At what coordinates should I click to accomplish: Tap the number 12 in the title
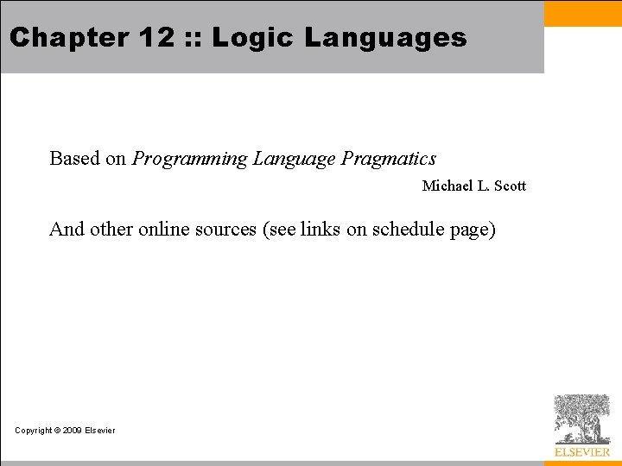(143, 37)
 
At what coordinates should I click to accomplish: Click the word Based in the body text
(74, 159)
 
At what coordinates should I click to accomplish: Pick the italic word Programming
(189, 160)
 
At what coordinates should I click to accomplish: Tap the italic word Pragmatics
(389, 160)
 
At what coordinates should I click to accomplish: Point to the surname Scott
(509, 186)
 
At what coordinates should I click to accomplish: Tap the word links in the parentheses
(321, 230)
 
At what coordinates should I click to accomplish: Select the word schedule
(408, 230)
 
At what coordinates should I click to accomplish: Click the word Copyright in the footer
(34, 431)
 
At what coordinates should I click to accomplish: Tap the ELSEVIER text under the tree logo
(582, 452)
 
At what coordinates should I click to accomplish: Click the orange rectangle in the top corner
(582, 13)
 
